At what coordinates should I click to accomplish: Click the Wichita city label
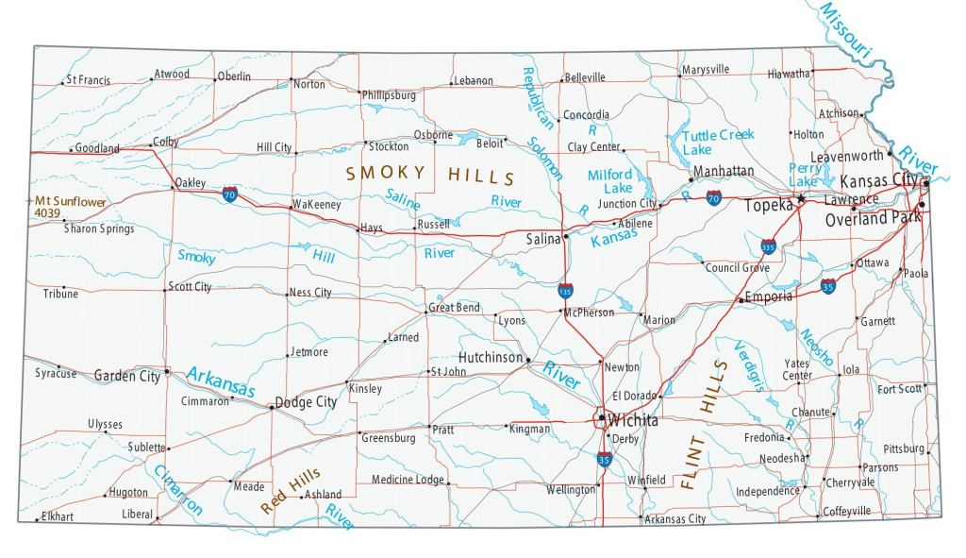633,420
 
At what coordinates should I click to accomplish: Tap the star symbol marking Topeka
801,199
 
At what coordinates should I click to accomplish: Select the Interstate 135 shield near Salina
565,292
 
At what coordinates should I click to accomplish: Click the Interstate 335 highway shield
770,246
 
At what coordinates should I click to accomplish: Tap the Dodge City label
306,402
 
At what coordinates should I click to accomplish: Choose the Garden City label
127,376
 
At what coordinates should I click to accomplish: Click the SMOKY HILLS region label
430,175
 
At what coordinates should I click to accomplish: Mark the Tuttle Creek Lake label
717,143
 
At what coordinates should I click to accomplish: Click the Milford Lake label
610,181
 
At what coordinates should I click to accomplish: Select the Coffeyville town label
847,511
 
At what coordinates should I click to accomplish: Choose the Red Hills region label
290,491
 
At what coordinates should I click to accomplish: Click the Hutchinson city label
491,358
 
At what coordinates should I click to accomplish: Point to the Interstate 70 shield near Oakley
230,194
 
